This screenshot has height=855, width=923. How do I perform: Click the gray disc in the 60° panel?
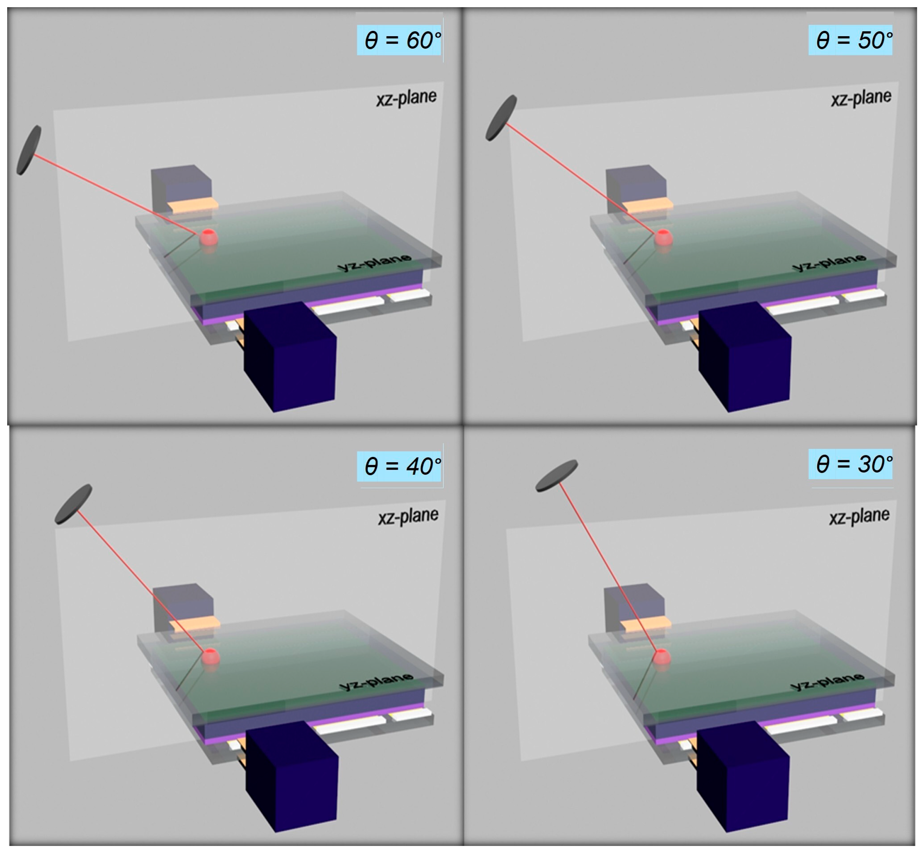coord(29,150)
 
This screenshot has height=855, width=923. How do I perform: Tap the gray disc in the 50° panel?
coord(501,118)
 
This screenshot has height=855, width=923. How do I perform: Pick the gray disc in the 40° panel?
coord(73,504)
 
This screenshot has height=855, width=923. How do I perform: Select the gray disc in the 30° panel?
coord(556,476)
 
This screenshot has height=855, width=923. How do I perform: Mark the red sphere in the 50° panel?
coord(664,238)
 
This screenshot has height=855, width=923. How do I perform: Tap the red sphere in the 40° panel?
coord(211,657)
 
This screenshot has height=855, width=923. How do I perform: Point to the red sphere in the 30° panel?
coord(662,657)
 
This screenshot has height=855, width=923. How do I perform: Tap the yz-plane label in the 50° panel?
coord(829,262)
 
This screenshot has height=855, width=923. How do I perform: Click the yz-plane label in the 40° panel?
coord(376,681)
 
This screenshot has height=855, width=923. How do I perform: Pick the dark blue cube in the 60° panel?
coord(290,357)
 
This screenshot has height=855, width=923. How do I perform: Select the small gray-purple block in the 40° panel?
coord(183,606)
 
